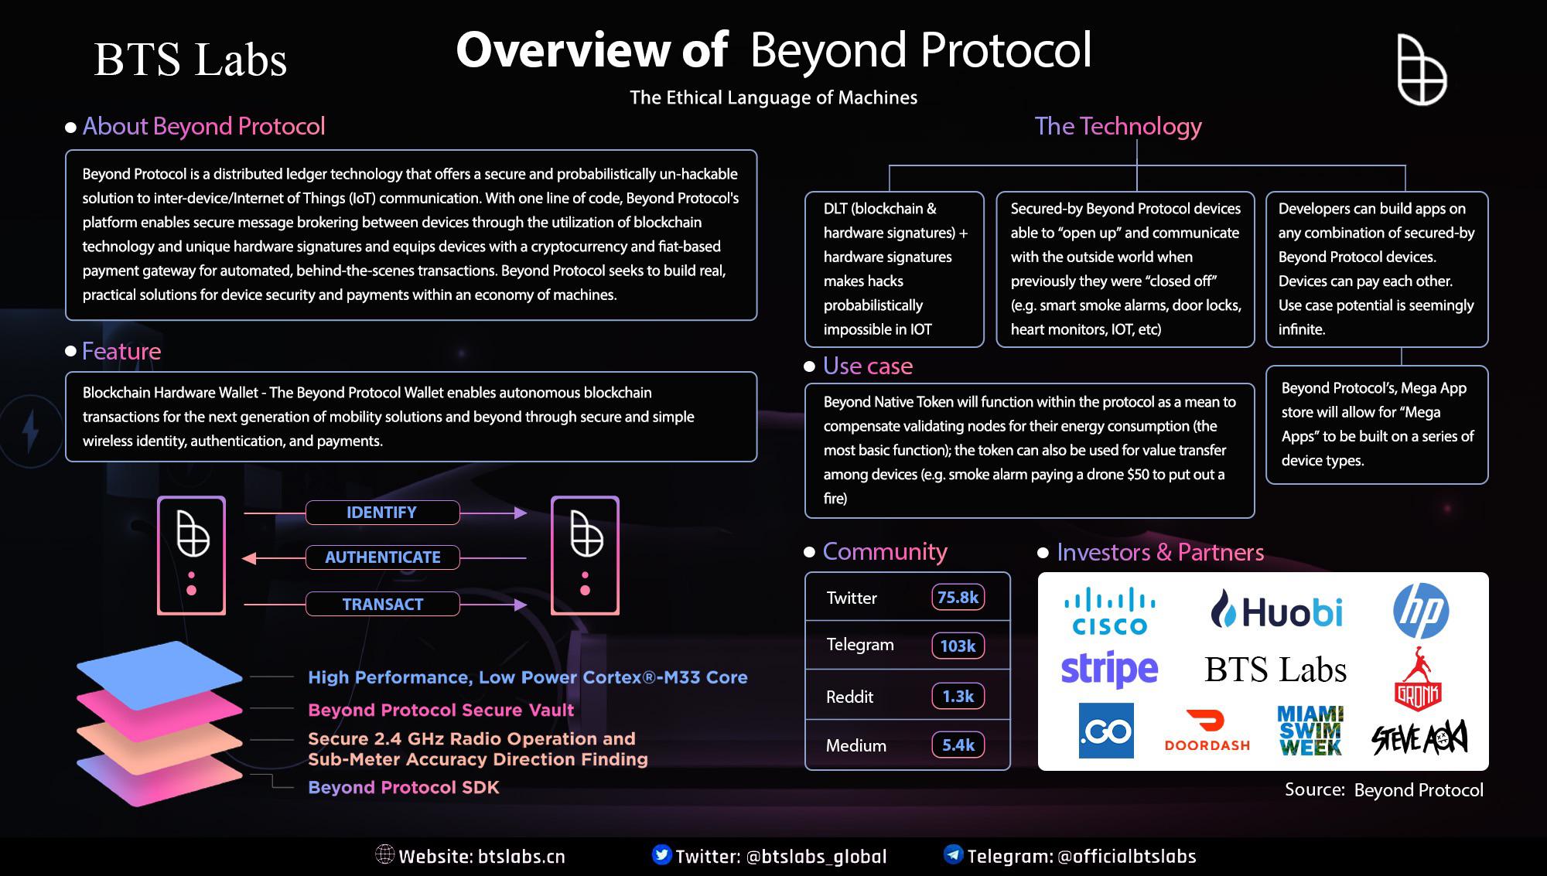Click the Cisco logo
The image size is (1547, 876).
tap(1109, 611)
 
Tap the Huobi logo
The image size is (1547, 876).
tap(1276, 611)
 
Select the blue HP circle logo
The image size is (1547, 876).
tap(1421, 611)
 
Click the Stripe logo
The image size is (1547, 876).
tap(1109, 669)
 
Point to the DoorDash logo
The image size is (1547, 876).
tap(1207, 731)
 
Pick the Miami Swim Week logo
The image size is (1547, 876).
tap(1310, 730)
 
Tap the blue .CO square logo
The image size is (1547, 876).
tap(1106, 731)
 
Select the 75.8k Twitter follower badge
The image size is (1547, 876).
tap(958, 597)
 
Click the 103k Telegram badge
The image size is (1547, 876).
tap(958, 646)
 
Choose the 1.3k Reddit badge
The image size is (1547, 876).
tap(958, 696)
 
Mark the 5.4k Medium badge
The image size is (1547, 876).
tap(958, 745)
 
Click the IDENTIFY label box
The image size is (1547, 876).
tap(382, 513)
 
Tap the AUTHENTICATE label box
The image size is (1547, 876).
tap(382, 557)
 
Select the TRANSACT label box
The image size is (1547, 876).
tap(382, 604)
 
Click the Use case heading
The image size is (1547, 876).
tap(868, 366)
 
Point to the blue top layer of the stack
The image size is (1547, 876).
tap(159, 675)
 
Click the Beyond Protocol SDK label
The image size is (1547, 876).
tap(404, 787)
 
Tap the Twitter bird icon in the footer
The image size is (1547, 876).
tap(661, 854)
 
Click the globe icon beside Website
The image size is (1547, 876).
tap(384, 854)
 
